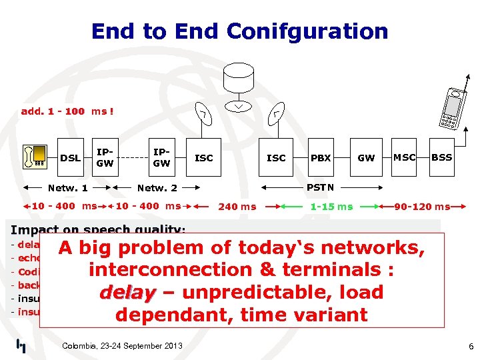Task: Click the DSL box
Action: (x=70, y=158)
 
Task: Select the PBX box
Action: (x=321, y=158)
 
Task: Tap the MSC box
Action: (x=404, y=157)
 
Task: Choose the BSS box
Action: (x=441, y=157)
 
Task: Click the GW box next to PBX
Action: (x=366, y=158)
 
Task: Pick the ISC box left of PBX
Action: (x=276, y=158)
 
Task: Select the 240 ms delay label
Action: (x=237, y=207)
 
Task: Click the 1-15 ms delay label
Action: (x=331, y=207)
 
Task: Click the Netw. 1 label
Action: (x=67, y=189)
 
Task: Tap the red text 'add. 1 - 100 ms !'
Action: (x=67, y=111)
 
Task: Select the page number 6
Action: (x=471, y=347)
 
